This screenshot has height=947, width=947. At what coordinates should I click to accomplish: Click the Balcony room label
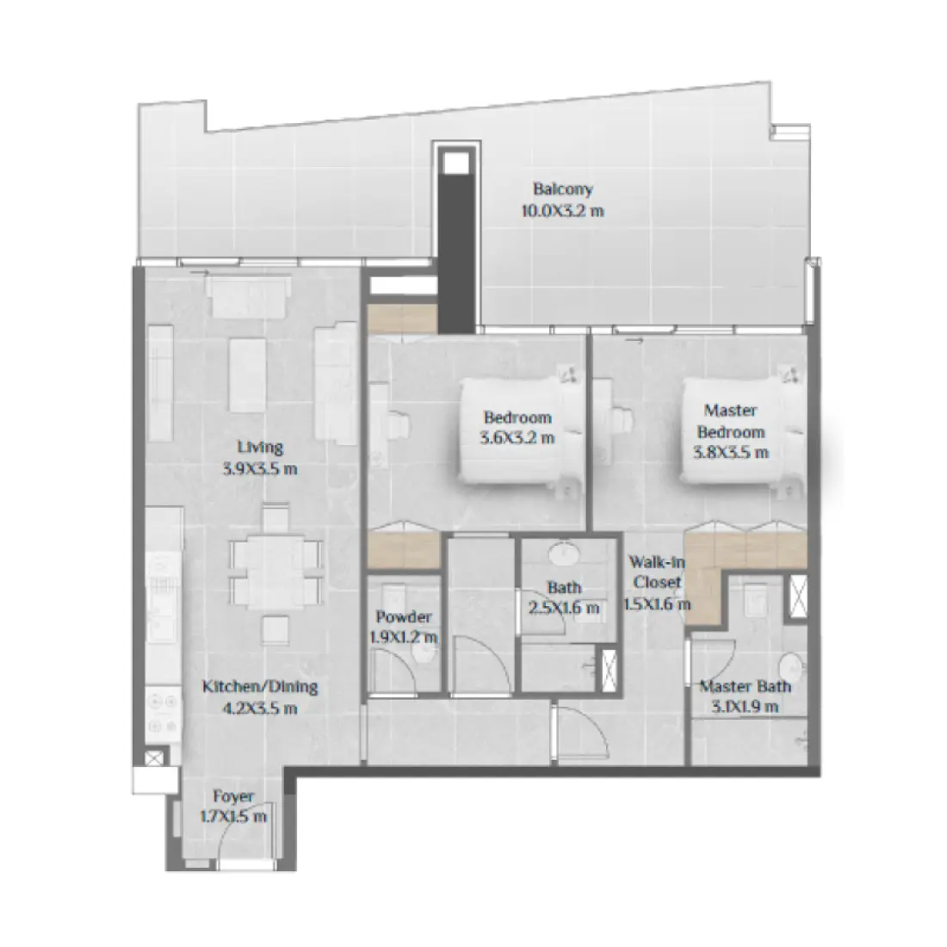pyautogui.click(x=562, y=190)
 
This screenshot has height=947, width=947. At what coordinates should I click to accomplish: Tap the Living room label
pyautogui.click(x=260, y=448)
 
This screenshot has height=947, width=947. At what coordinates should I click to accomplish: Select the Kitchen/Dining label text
pyautogui.click(x=260, y=687)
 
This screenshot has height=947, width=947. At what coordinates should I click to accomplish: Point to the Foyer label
pyautogui.click(x=232, y=797)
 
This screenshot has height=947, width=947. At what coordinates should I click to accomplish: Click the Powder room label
pyautogui.click(x=404, y=617)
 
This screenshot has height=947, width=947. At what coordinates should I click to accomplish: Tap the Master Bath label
pyautogui.click(x=746, y=687)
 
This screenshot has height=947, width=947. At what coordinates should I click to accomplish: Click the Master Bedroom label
pyautogui.click(x=732, y=421)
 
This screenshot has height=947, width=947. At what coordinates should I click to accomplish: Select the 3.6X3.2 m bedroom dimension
pyautogui.click(x=518, y=437)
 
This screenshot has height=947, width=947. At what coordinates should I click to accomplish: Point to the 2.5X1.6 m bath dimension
pyautogui.click(x=565, y=608)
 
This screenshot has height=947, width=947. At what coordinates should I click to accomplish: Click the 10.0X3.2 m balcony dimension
pyautogui.click(x=562, y=209)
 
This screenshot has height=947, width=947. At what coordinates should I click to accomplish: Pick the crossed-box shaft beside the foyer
pyautogui.click(x=153, y=758)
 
